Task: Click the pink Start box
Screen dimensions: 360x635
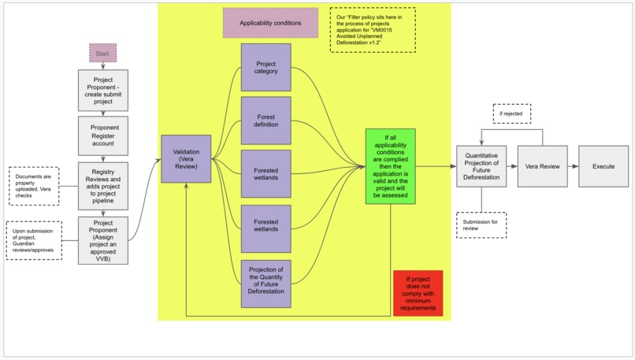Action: (102, 54)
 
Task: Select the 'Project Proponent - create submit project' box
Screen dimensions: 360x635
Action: (103, 90)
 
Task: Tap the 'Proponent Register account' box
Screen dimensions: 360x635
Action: (103, 135)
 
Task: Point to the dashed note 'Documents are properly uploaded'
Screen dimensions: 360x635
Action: (34, 185)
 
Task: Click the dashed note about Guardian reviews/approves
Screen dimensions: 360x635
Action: (34, 240)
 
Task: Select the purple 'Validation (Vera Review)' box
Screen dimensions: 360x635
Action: (186, 159)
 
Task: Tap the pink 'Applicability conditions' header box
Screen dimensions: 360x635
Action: (270, 24)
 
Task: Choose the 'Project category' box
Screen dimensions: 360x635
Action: (266, 67)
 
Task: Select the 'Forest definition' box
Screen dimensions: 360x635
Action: (266, 121)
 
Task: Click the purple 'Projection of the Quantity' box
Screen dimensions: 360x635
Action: (266, 283)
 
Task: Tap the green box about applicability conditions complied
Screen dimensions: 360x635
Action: (390, 166)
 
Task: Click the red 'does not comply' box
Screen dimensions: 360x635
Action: (418, 293)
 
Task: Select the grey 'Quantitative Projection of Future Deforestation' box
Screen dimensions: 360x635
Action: (481, 166)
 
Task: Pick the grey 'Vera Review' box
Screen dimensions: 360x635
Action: (542, 166)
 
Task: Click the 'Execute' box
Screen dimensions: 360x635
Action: (603, 166)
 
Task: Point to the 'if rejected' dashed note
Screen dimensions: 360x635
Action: (512, 114)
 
